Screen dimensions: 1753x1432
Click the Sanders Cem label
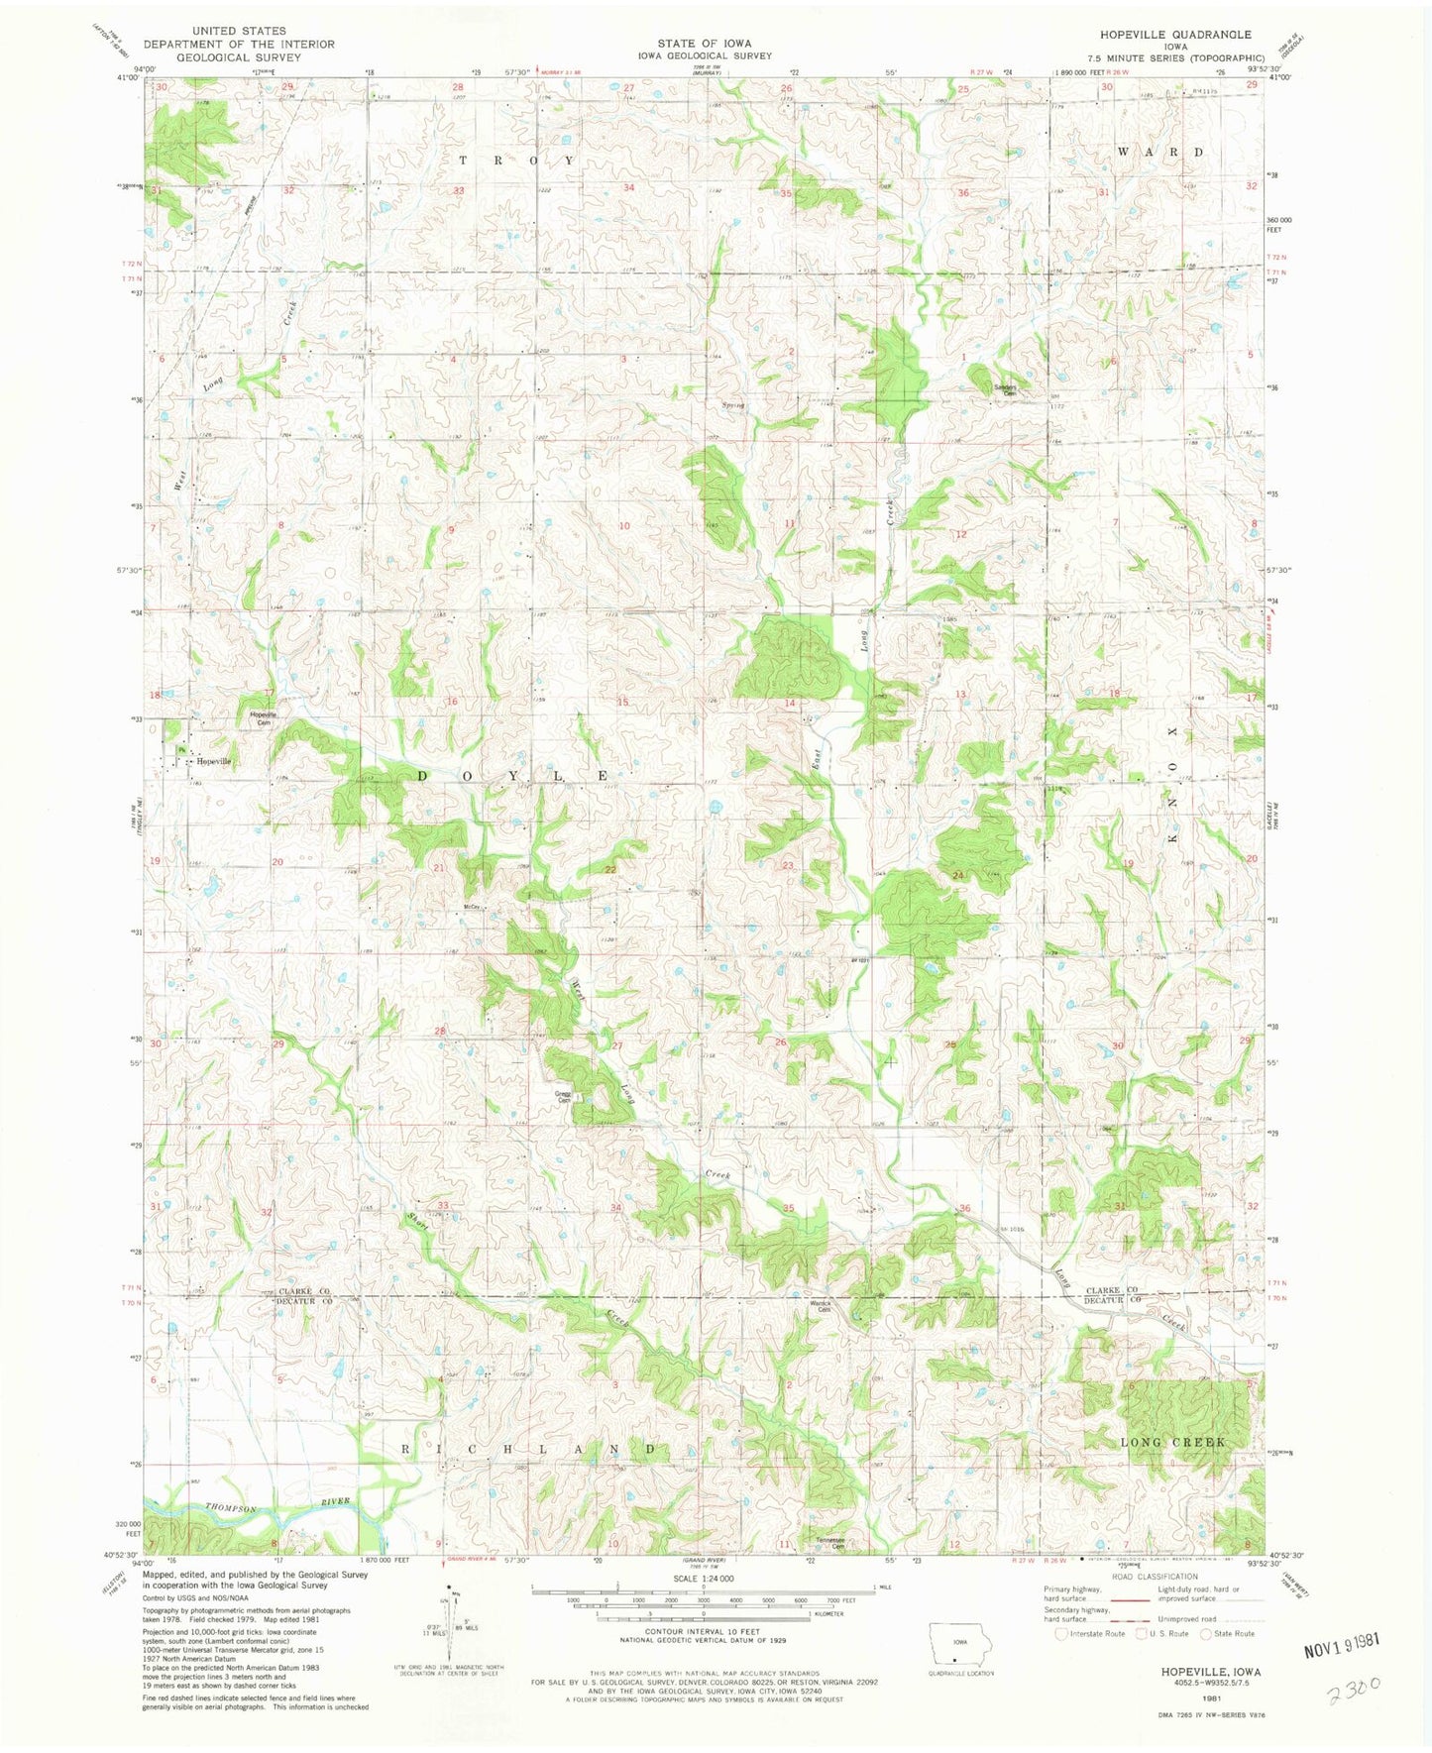pos(1007,389)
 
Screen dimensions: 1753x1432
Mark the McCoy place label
pos(472,907)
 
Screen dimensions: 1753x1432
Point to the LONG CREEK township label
pos(1172,1442)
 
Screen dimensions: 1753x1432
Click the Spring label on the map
pos(733,405)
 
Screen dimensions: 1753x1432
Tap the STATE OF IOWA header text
pos(704,44)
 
